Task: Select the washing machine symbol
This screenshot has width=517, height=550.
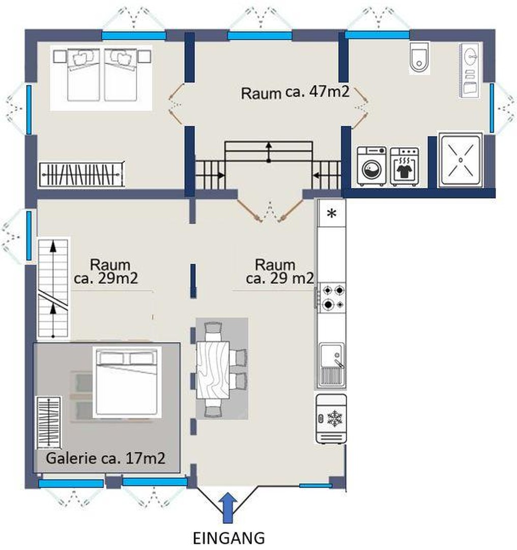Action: [371, 166]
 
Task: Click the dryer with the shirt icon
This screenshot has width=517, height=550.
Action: [404, 166]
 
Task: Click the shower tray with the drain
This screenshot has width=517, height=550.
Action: [460, 160]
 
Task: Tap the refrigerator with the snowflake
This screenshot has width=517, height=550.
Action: [331, 419]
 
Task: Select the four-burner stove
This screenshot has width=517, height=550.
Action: [332, 298]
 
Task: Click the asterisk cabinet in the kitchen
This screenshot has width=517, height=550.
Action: [331, 213]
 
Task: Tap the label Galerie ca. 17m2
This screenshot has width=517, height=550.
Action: [106, 458]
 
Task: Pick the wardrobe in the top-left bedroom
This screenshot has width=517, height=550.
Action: [81, 175]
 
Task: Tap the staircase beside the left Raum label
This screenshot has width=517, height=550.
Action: [53, 289]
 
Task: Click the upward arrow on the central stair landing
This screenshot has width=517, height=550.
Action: [269, 151]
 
